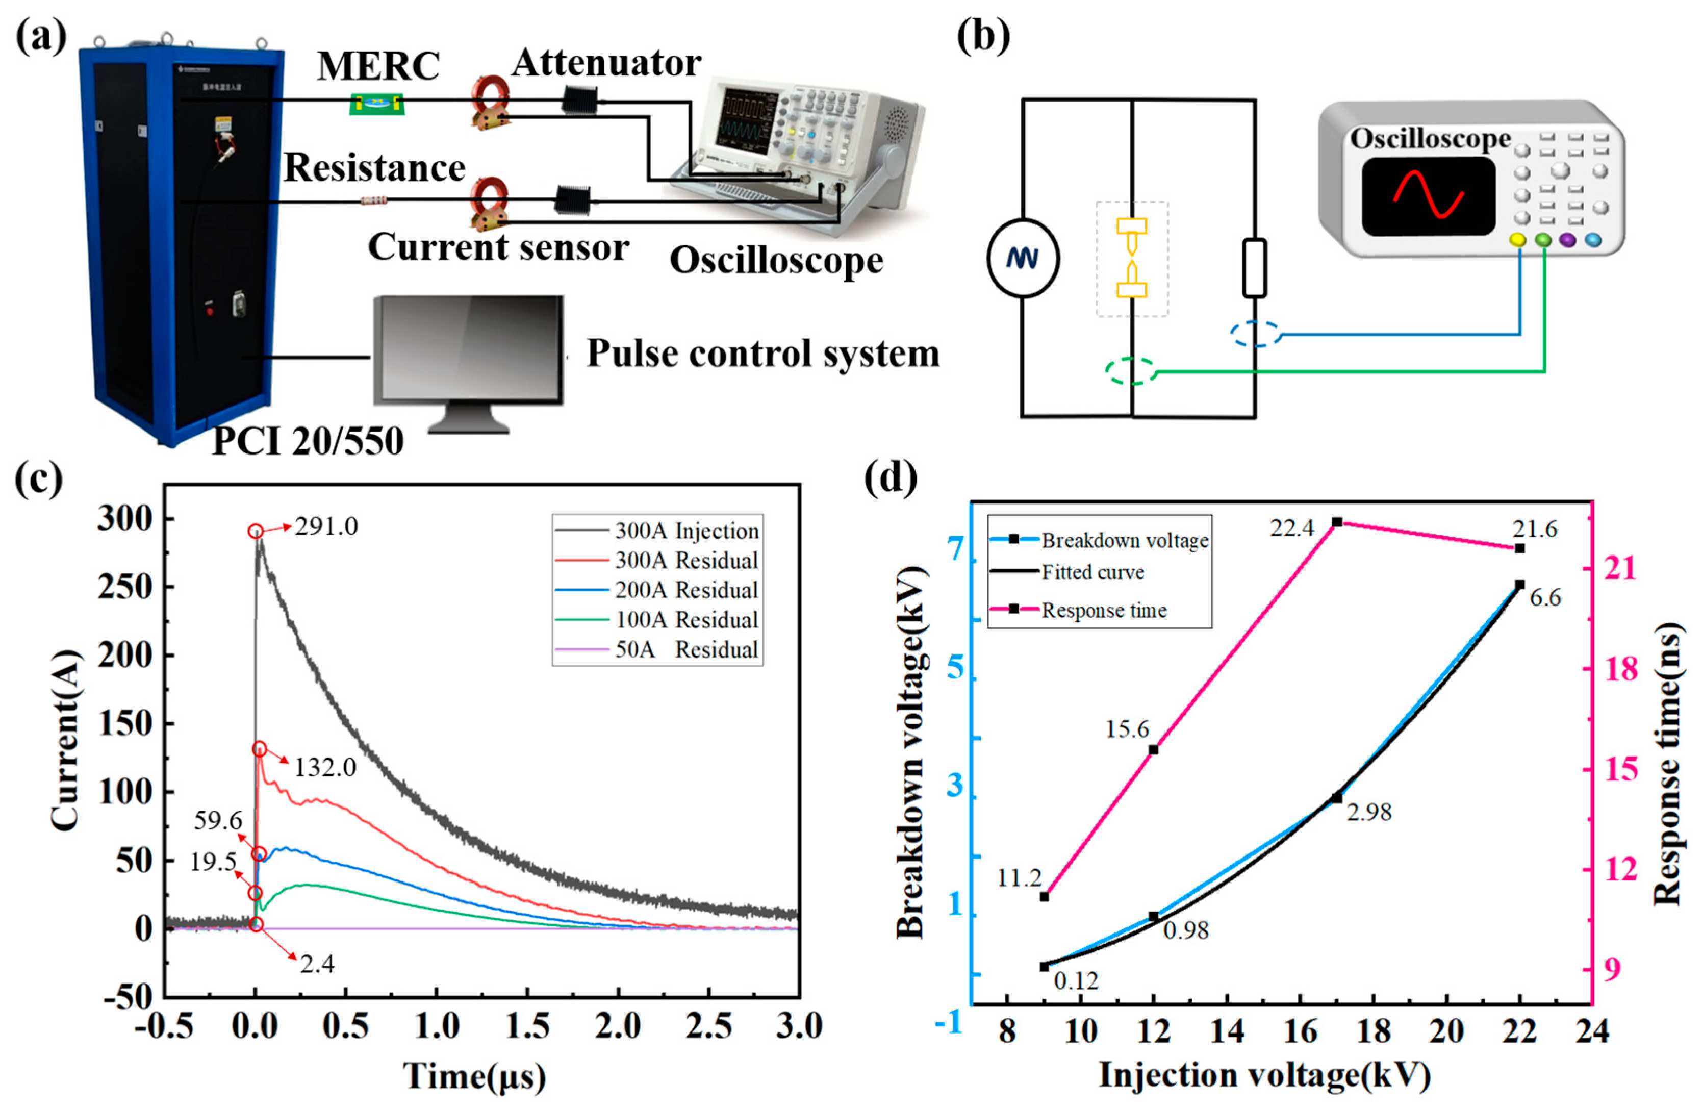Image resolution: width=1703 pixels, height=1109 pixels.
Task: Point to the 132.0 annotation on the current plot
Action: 325,768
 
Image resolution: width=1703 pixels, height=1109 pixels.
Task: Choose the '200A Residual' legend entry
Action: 685,590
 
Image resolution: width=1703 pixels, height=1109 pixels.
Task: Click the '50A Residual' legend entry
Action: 685,650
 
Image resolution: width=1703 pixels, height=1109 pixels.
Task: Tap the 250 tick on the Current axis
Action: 125,587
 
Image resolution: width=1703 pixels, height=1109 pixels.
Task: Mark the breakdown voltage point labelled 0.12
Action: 1044,967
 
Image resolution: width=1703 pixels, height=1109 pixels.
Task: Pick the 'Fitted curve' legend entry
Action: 1092,572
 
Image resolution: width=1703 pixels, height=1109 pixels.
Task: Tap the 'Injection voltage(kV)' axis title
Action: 1264,1075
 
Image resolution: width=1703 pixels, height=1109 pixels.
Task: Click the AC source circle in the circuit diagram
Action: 1023,258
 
